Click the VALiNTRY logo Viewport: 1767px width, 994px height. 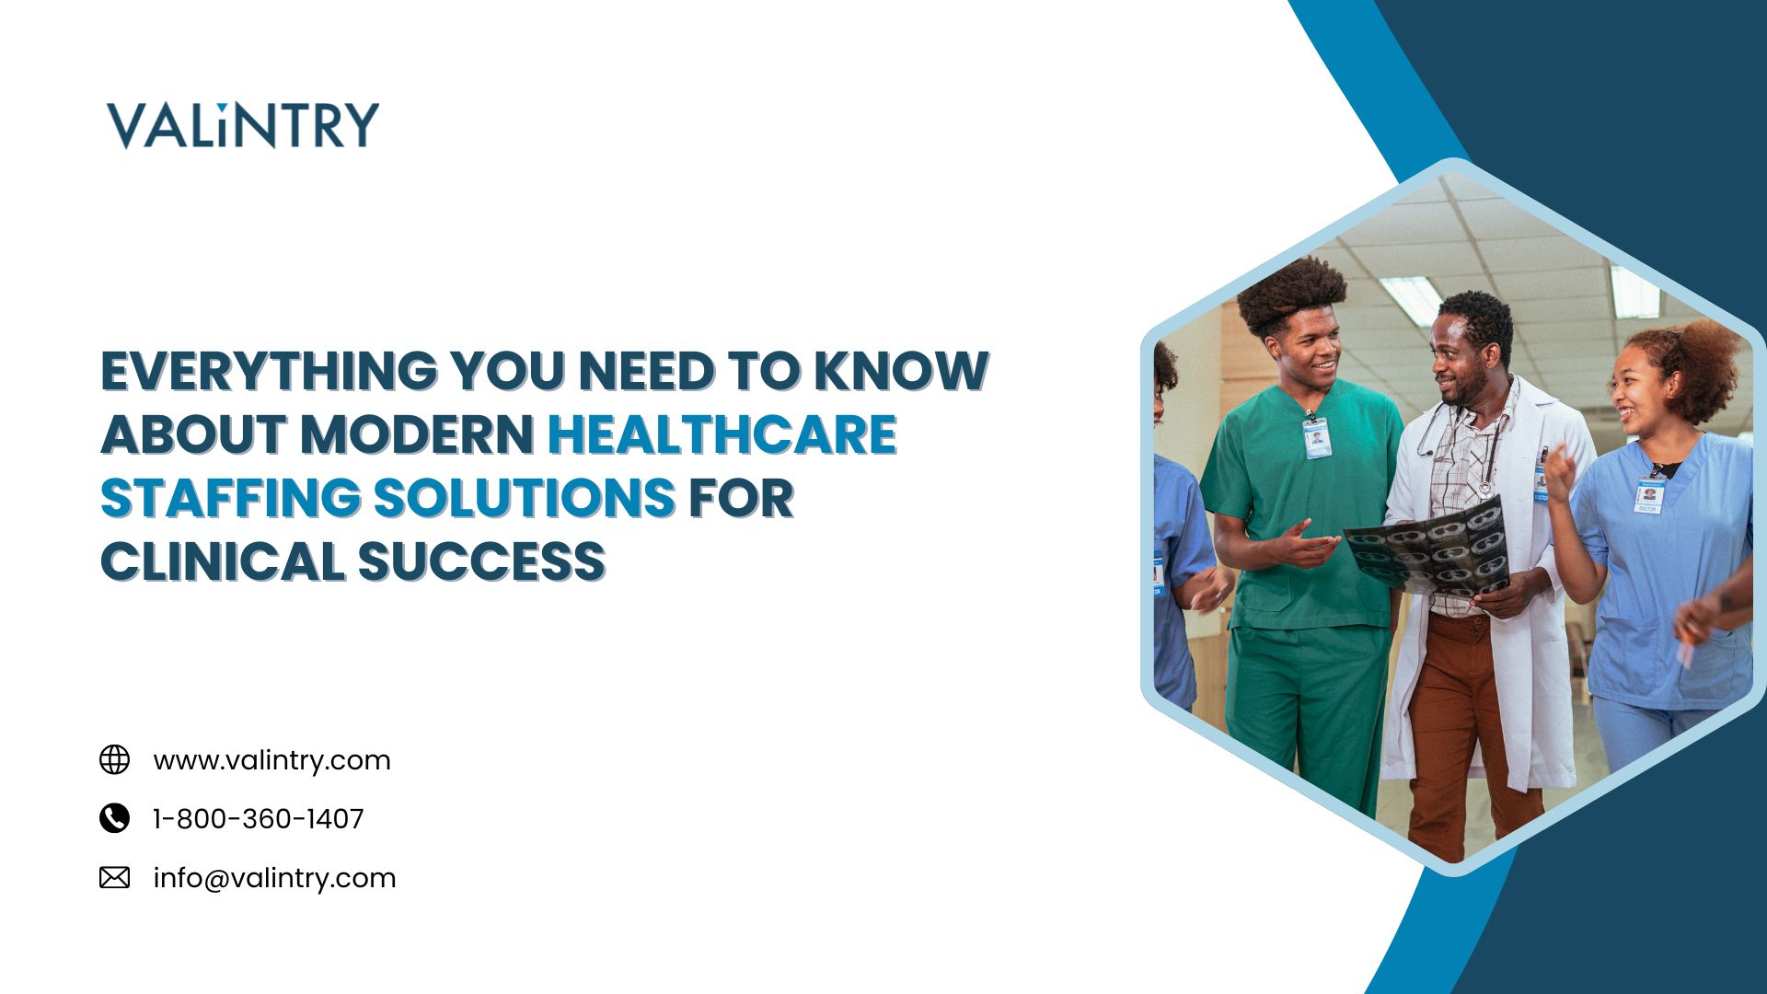[243, 125]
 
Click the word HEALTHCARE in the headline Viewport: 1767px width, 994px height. [722, 434]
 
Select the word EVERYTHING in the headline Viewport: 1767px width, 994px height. [269, 371]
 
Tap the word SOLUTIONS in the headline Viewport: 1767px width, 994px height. [525, 498]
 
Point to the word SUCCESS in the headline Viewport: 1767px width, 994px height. [481, 561]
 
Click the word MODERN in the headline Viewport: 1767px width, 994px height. [417, 434]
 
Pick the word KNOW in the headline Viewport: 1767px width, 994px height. [901, 371]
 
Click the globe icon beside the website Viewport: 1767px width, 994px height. [114, 760]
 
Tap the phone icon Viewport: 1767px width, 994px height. [114, 818]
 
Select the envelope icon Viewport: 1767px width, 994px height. [114, 877]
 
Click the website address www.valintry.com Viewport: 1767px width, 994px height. [271, 760]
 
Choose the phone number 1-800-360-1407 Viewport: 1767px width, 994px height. [259, 818]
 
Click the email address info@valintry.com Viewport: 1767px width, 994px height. [274, 878]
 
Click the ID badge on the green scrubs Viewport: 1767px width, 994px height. [1317, 438]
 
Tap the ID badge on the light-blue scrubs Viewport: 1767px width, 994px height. [1648, 495]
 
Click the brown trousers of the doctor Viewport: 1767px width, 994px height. [1463, 727]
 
